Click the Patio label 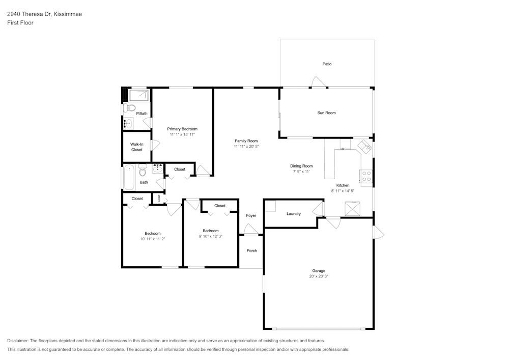[327, 64]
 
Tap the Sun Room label [326, 113]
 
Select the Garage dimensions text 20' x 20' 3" [319, 276]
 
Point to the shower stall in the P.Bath [138, 95]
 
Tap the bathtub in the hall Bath [129, 178]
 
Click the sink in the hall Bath [157, 168]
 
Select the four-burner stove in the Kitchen [366, 176]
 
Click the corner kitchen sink [365, 147]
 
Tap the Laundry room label [294, 214]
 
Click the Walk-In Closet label [137, 147]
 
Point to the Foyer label [251, 216]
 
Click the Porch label [251, 251]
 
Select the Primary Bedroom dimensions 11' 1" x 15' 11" [182, 134]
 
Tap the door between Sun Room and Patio [318, 83]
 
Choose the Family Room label [246, 141]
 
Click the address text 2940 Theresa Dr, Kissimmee [44, 14]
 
